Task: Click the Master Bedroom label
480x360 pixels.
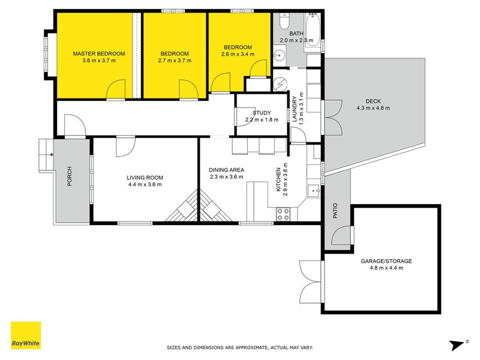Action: pyautogui.click(x=99, y=53)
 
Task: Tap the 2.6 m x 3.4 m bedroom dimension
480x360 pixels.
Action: pyautogui.click(x=238, y=54)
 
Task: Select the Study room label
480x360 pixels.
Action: pyautogui.click(x=262, y=113)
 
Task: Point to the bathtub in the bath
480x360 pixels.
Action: pyautogui.click(x=313, y=29)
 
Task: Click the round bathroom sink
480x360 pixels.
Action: pyautogui.click(x=279, y=55)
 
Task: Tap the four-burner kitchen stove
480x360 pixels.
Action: pyautogui.click(x=283, y=214)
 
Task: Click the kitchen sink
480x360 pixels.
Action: pyautogui.click(x=313, y=191)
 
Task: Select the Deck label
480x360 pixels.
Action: pyautogui.click(x=373, y=101)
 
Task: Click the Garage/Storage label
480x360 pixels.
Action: pyautogui.click(x=386, y=261)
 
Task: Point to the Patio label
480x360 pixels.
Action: pyautogui.click(x=335, y=211)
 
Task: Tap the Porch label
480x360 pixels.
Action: pyautogui.click(x=70, y=176)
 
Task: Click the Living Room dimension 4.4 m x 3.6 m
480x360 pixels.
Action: pyautogui.click(x=145, y=184)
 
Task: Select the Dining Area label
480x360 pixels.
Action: pyautogui.click(x=227, y=170)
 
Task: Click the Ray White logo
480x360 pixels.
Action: pyautogui.click(x=26, y=335)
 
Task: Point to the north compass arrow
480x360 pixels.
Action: pyautogui.click(x=458, y=344)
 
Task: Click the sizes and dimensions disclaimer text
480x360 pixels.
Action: pyautogui.click(x=239, y=347)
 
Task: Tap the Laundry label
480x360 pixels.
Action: pyautogui.click(x=295, y=109)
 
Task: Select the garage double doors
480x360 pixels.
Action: pyautogui.click(x=311, y=281)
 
